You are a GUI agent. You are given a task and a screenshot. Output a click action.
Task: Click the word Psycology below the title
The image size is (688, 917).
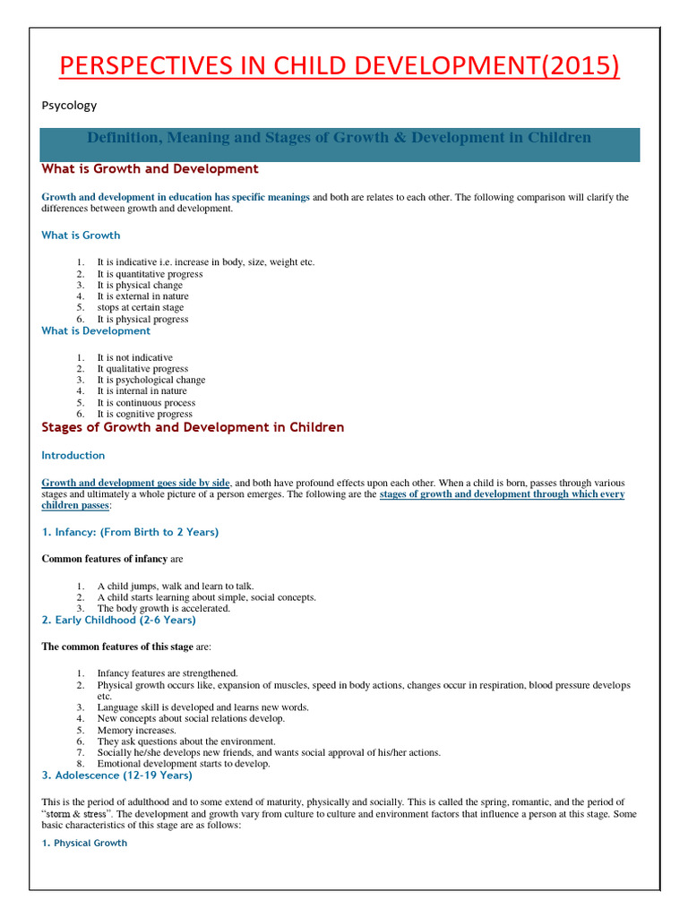(x=69, y=106)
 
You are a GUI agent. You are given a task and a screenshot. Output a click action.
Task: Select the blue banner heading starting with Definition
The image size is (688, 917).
(x=339, y=138)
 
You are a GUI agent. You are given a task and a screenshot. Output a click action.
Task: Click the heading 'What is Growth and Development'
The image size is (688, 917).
(x=150, y=169)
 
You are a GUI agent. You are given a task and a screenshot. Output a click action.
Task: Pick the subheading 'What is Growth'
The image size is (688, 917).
(x=81, y=236)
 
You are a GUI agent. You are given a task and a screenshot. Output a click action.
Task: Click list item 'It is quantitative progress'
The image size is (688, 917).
(x=150, y=274)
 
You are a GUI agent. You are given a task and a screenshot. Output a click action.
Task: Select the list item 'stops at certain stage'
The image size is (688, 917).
(x=141, y=307)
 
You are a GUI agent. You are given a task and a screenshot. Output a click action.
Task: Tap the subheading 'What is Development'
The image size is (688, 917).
(x=96, y=331)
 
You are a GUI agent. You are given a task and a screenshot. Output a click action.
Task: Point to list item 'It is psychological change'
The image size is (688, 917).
(x=151, y=380)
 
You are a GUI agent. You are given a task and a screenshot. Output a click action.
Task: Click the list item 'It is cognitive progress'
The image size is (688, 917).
(x=144, y=414)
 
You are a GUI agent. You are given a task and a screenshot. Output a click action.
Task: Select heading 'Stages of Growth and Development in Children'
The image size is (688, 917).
(x=193, y=428)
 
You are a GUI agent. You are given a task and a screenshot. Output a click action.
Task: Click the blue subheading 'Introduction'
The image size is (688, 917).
(x=73, y=456)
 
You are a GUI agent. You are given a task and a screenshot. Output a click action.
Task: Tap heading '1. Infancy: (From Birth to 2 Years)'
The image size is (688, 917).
(x=130, y=532)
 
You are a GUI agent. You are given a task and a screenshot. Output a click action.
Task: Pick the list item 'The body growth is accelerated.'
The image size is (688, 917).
(x=164, y=608)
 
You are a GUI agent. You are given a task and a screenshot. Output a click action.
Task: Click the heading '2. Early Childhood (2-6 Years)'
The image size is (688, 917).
(x=118, y=620)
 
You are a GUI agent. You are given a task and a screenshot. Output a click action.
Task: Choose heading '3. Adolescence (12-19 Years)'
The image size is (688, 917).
(x=116, y=776)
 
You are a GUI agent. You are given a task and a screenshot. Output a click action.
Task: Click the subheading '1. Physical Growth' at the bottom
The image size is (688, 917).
(x=84, y=843)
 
